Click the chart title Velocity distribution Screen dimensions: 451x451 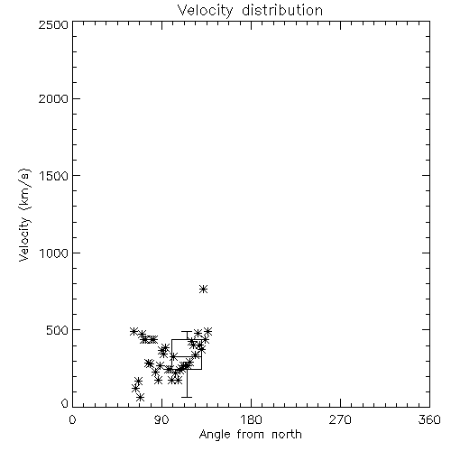point(250,10)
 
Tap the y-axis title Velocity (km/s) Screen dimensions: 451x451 point(24,216)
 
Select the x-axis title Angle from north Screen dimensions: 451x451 point(251,435)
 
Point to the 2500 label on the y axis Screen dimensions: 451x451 point(53,24)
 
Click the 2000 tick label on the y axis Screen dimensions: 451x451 point(53,98)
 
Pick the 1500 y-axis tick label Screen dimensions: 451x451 point(54,176)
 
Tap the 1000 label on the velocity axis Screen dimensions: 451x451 point(54,253)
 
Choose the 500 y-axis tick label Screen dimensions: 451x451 point(58,330)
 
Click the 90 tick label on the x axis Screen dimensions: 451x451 point(161,419)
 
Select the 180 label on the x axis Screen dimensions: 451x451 point(251,419)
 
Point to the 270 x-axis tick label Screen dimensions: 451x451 point(340,419)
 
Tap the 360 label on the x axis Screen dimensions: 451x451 point(429,419)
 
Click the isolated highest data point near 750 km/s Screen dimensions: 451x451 point(204,290)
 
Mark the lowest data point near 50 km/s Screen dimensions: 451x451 point(140,398)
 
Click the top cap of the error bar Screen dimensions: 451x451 point(187,332)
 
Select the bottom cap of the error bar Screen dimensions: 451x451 point(187,397)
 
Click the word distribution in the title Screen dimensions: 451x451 point(282,10)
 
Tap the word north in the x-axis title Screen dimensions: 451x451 point(287,435)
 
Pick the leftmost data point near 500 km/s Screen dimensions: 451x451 point(134,331)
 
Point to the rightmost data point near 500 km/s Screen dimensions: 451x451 point(208,332)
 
